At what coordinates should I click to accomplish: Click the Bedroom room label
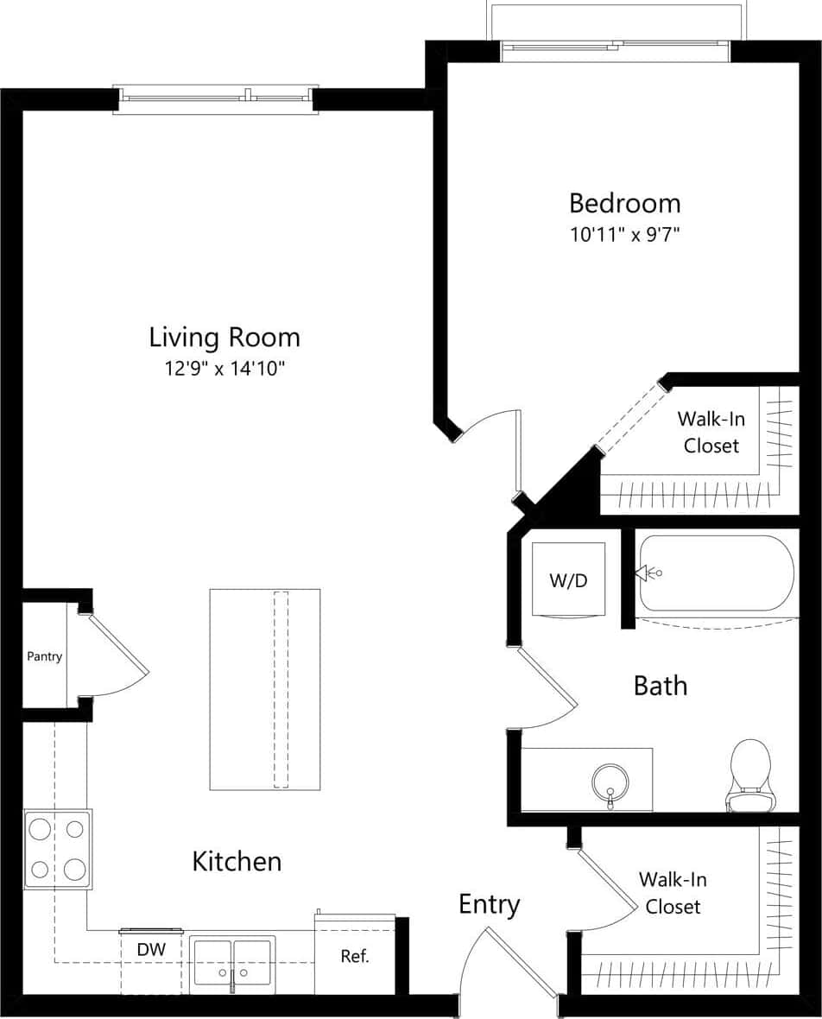(624, 204)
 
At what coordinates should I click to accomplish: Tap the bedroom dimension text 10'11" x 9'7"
(624, 235)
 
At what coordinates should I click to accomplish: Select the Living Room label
(224, 337)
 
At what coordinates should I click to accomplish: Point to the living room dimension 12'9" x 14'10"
(224, 369)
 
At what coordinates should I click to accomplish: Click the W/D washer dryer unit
(568, 579)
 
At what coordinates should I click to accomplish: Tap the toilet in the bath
(749, 775)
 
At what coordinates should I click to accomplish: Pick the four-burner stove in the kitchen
(57, 849)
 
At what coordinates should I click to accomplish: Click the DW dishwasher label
(151, 950)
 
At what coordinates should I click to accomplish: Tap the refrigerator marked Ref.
(355, 956)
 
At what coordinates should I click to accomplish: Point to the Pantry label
(44, 656)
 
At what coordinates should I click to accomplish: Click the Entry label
(489, 904)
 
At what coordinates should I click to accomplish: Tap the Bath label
(661, 686)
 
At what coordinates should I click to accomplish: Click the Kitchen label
(237, 861)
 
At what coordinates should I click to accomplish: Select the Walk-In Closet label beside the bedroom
(711, 432)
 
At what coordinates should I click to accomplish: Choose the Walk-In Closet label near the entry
(673, 893)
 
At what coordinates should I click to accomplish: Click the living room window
(216, 98)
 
